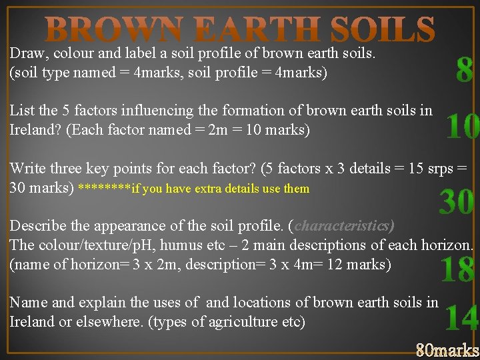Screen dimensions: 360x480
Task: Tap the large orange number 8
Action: [x=465, y=70]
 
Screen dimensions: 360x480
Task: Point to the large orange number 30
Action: [x=457, y=202]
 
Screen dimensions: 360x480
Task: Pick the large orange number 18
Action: [x=458, y=269]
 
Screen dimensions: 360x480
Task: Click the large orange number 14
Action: [x=461, y=318]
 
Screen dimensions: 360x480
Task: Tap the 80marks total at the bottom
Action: [x=447, y=349]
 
